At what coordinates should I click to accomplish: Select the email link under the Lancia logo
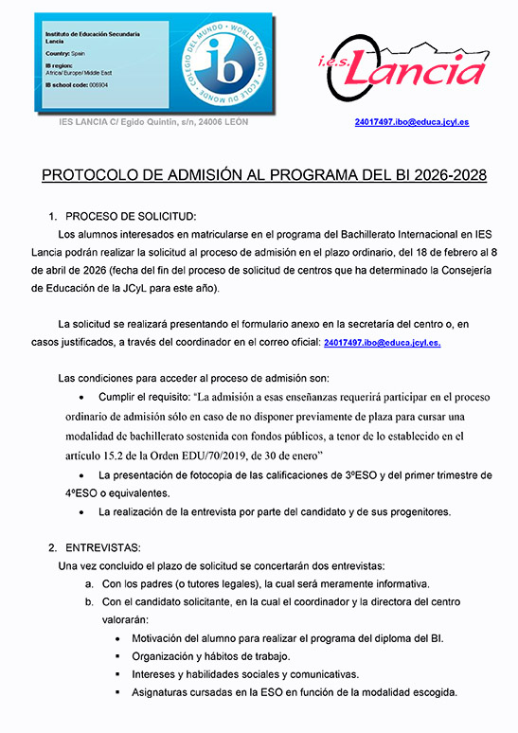(411, 122)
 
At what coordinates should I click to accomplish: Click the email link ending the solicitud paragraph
(382, 342)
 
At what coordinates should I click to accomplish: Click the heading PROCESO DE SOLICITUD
(130, 216)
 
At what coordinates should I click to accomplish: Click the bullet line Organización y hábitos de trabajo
(210, 656)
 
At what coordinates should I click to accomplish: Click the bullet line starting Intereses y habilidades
(244, 674)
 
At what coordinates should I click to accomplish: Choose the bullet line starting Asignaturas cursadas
(295, 692)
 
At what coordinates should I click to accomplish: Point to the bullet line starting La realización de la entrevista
(274, 512)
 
